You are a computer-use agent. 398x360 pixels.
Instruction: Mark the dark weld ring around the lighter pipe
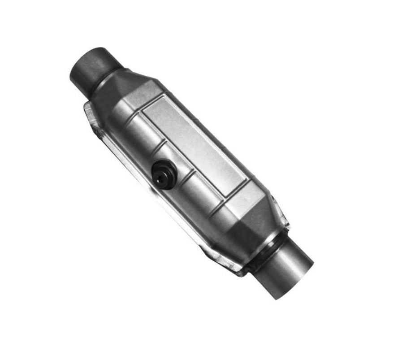click(269, 247)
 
